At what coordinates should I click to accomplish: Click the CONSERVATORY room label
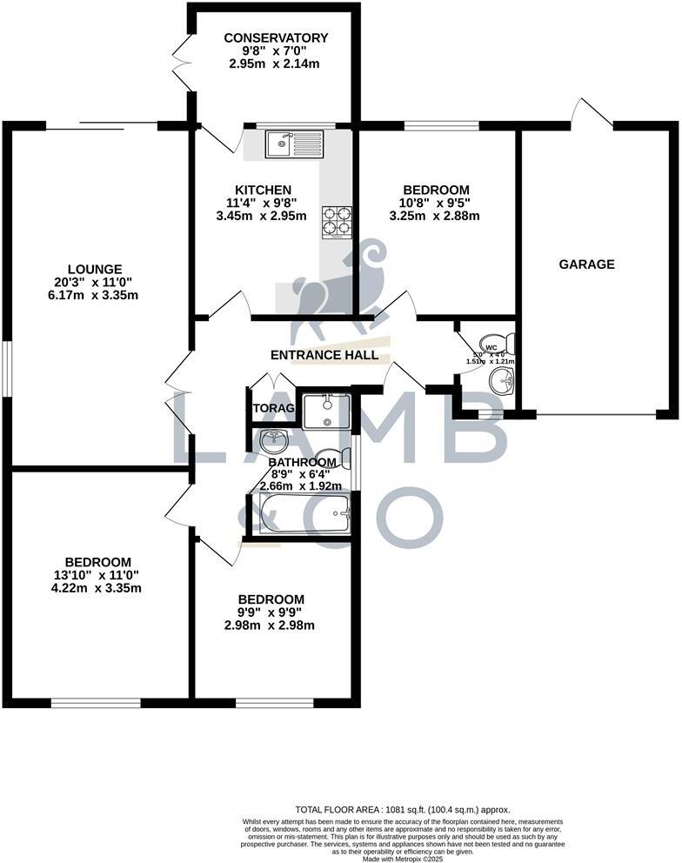276,37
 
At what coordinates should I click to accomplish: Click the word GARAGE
586,264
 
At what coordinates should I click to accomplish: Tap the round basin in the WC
501,380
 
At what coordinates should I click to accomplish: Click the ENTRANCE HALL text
324,355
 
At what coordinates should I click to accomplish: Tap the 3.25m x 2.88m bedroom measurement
435,216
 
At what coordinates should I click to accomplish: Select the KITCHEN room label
263,190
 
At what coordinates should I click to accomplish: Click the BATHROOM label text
302,462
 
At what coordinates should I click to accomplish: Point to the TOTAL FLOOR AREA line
402,809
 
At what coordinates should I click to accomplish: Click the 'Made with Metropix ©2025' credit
402,859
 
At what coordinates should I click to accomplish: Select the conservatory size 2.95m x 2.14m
276,64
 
